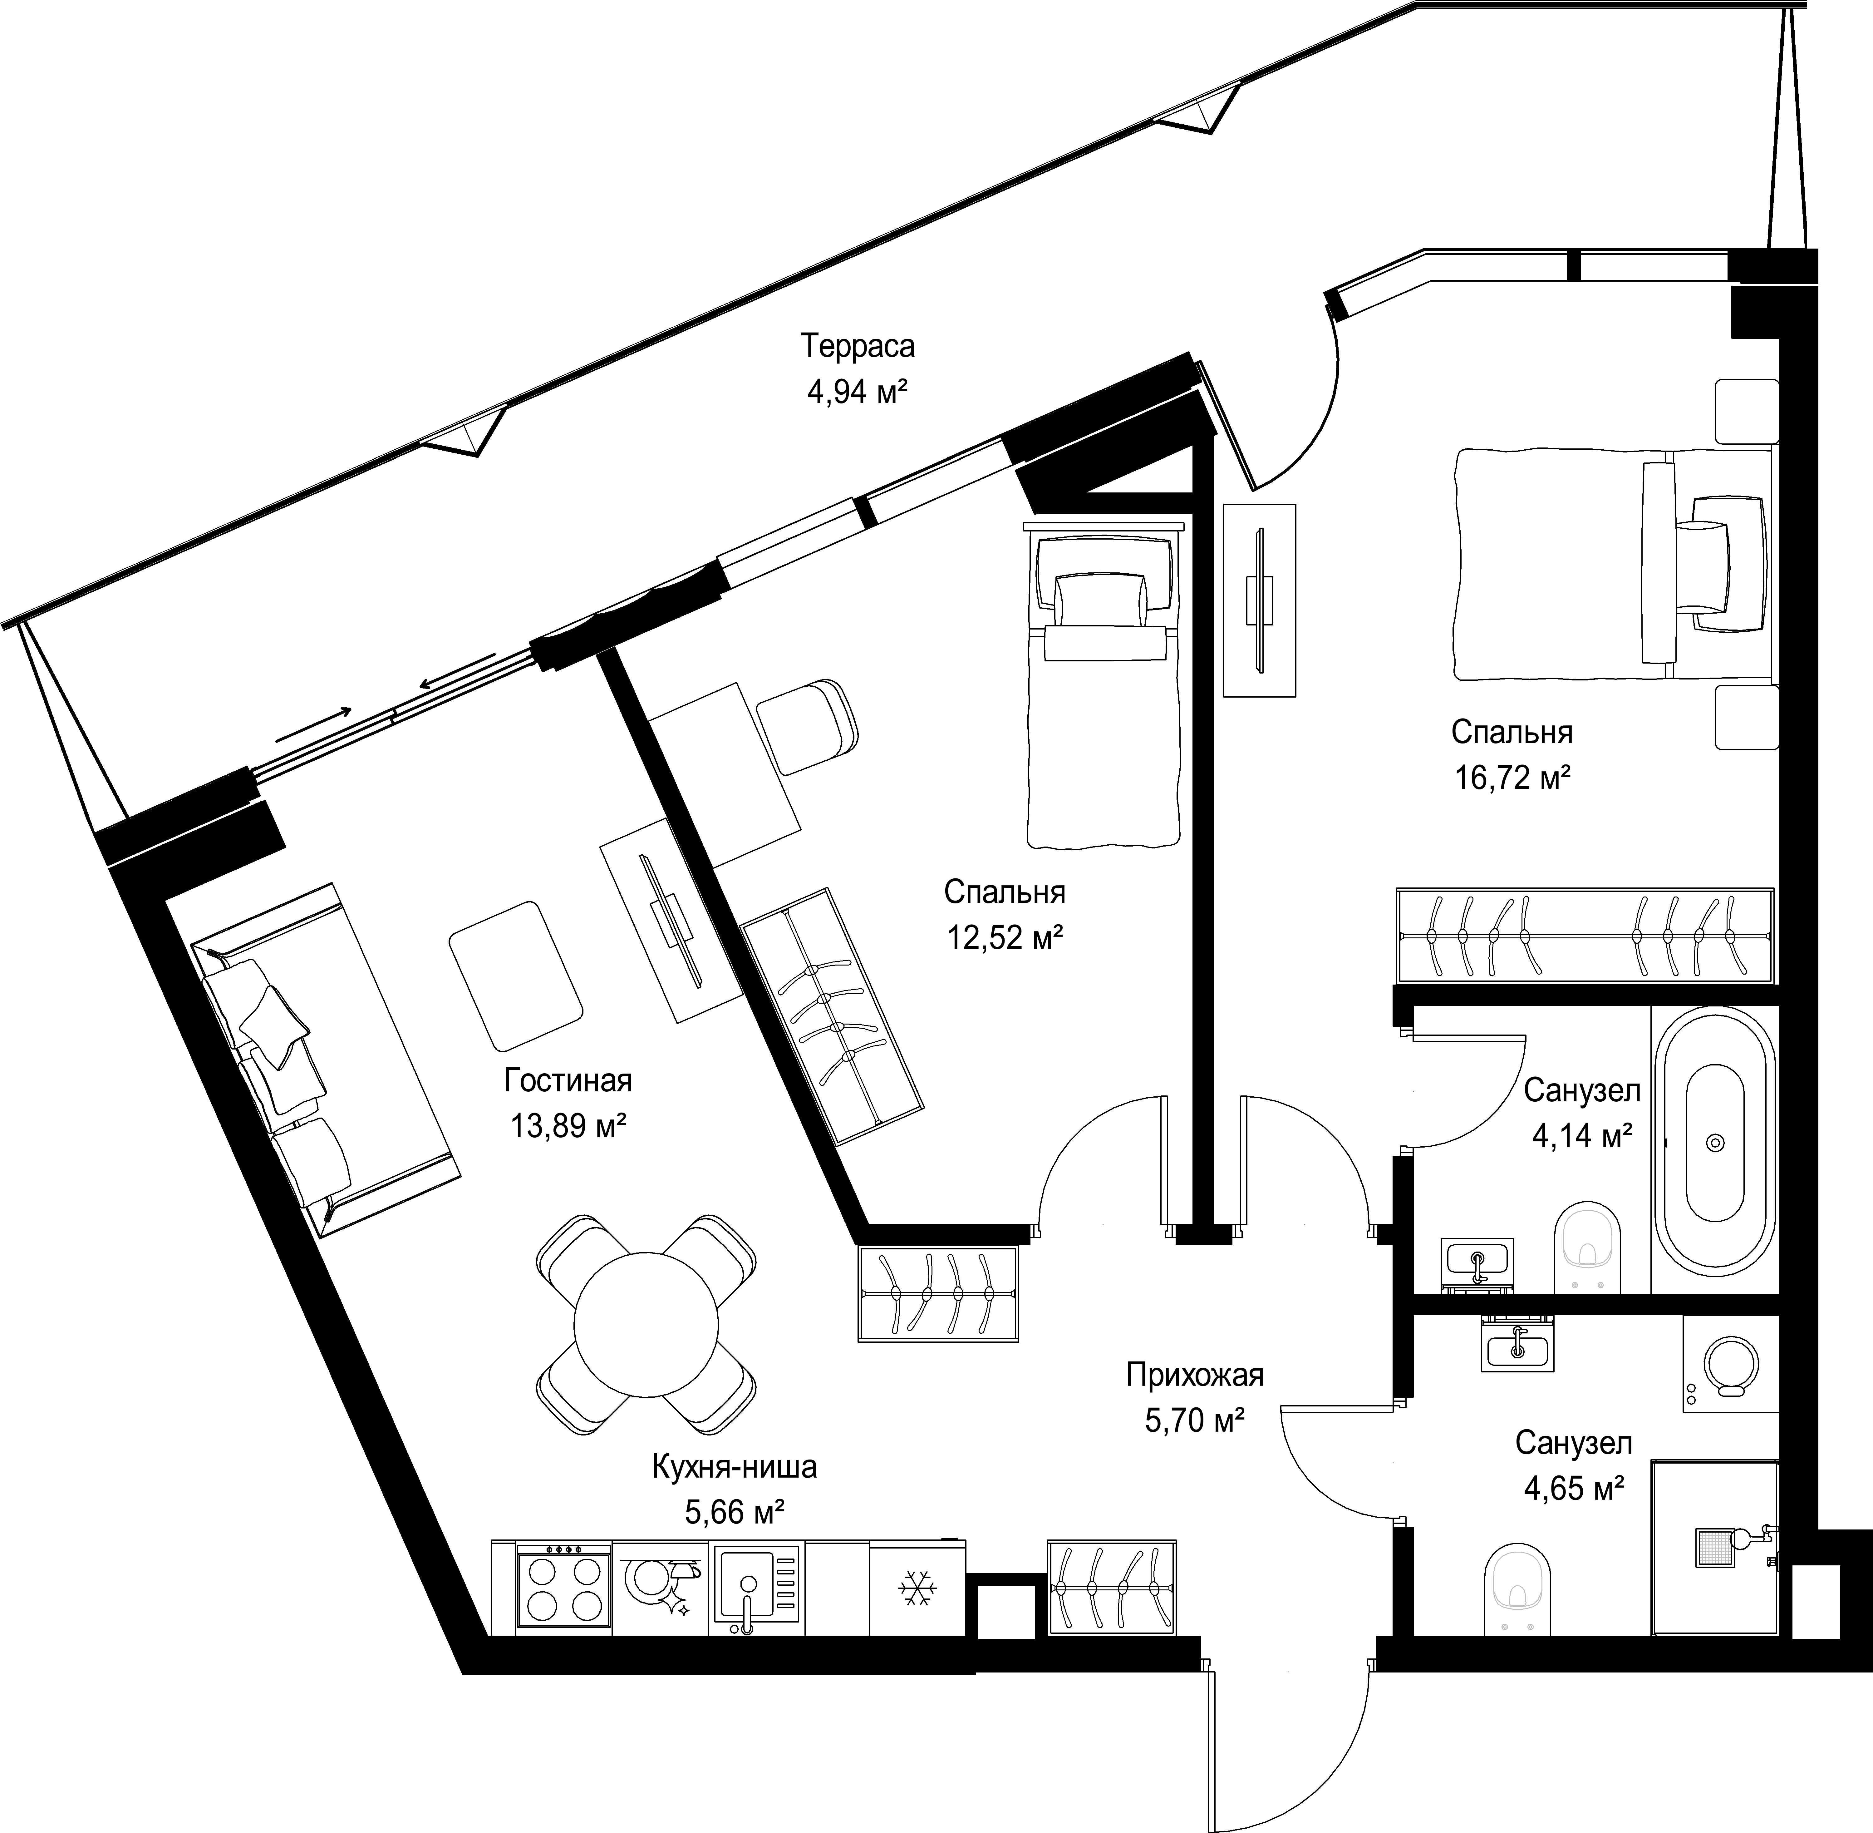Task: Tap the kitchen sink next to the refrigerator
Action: coord(756,1588)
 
